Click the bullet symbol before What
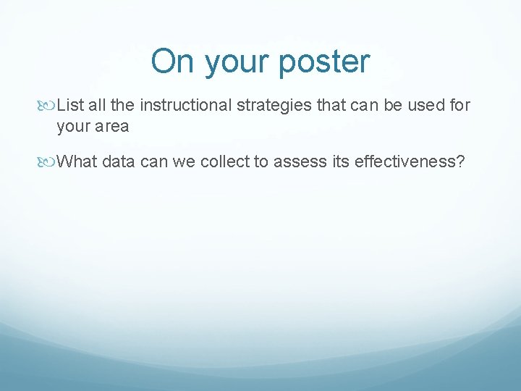coord(48,161)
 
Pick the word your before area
coord(72,127)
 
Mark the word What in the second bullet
coord(77,161)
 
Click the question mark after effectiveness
coord(460,161)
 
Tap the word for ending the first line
coord(459,106)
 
